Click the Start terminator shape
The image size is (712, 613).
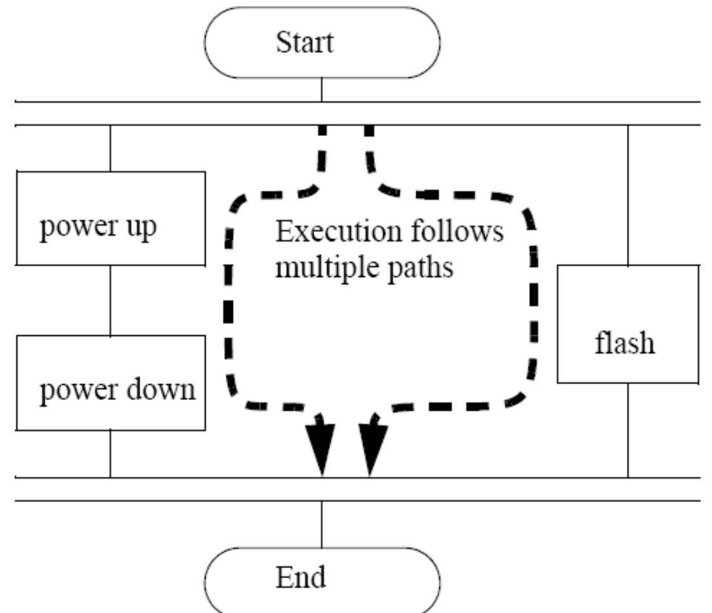(322, 42)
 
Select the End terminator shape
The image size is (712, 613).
(322, 580)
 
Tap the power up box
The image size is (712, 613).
(111, 218)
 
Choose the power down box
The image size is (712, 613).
(111, 383)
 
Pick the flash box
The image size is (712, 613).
(628, 324)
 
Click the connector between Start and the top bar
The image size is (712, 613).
(322, 90)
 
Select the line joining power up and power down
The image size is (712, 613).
(110, 300)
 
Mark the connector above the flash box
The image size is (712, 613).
(628, 195)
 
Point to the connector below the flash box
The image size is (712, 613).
(628, 430)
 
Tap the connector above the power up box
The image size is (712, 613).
(110, 148)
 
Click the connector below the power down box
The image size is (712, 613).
(110, 454)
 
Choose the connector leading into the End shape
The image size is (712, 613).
(322, 524)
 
